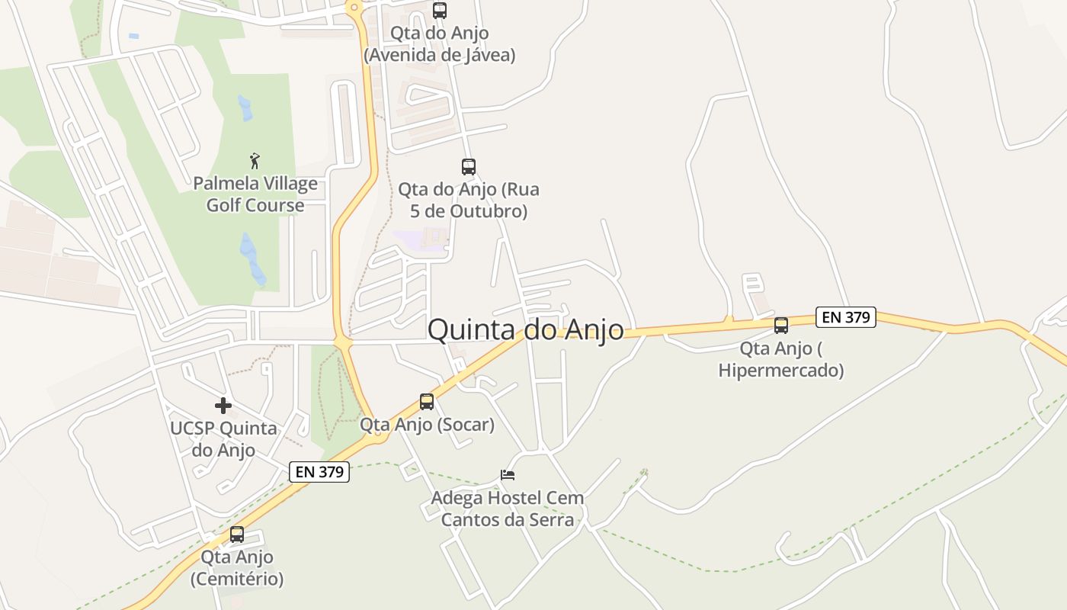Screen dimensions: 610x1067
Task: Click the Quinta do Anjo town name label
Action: (x=525, y=329)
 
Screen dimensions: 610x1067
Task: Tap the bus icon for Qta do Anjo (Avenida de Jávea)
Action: (x=440, y=11)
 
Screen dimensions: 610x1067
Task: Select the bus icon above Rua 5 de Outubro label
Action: (x=469, y=167)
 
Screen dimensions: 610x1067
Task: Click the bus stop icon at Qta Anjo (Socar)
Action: (x=427, y=402)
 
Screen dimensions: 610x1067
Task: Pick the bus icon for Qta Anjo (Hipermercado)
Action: (x=781, y=326)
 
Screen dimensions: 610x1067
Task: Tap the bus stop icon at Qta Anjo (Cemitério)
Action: (x=237, y=535)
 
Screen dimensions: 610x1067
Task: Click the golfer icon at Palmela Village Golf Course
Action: (x=255, y=161)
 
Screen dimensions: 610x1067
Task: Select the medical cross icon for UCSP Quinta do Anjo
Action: (x=223, y=405)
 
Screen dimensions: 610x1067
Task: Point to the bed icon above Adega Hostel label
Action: (x=508, y=475)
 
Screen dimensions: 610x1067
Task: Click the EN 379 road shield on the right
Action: (x=845, y=317)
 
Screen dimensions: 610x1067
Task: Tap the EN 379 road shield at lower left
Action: (x=320, y=472)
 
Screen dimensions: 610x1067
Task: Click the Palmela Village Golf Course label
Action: (x=255, y=194)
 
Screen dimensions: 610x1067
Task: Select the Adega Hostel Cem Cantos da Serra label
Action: (x=508, y=509)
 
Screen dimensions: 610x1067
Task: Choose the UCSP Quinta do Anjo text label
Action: (x=223, y=439)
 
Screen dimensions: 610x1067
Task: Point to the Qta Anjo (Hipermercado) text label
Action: (x=781, y=359)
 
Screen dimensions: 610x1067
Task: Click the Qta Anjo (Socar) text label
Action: (x=427, y=424)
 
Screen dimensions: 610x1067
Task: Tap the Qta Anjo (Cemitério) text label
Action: (x=237, y=568)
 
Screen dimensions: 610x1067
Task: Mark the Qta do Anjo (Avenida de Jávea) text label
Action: (x=440, y=44)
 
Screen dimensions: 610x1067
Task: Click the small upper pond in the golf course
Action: (x=245, y=108)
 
